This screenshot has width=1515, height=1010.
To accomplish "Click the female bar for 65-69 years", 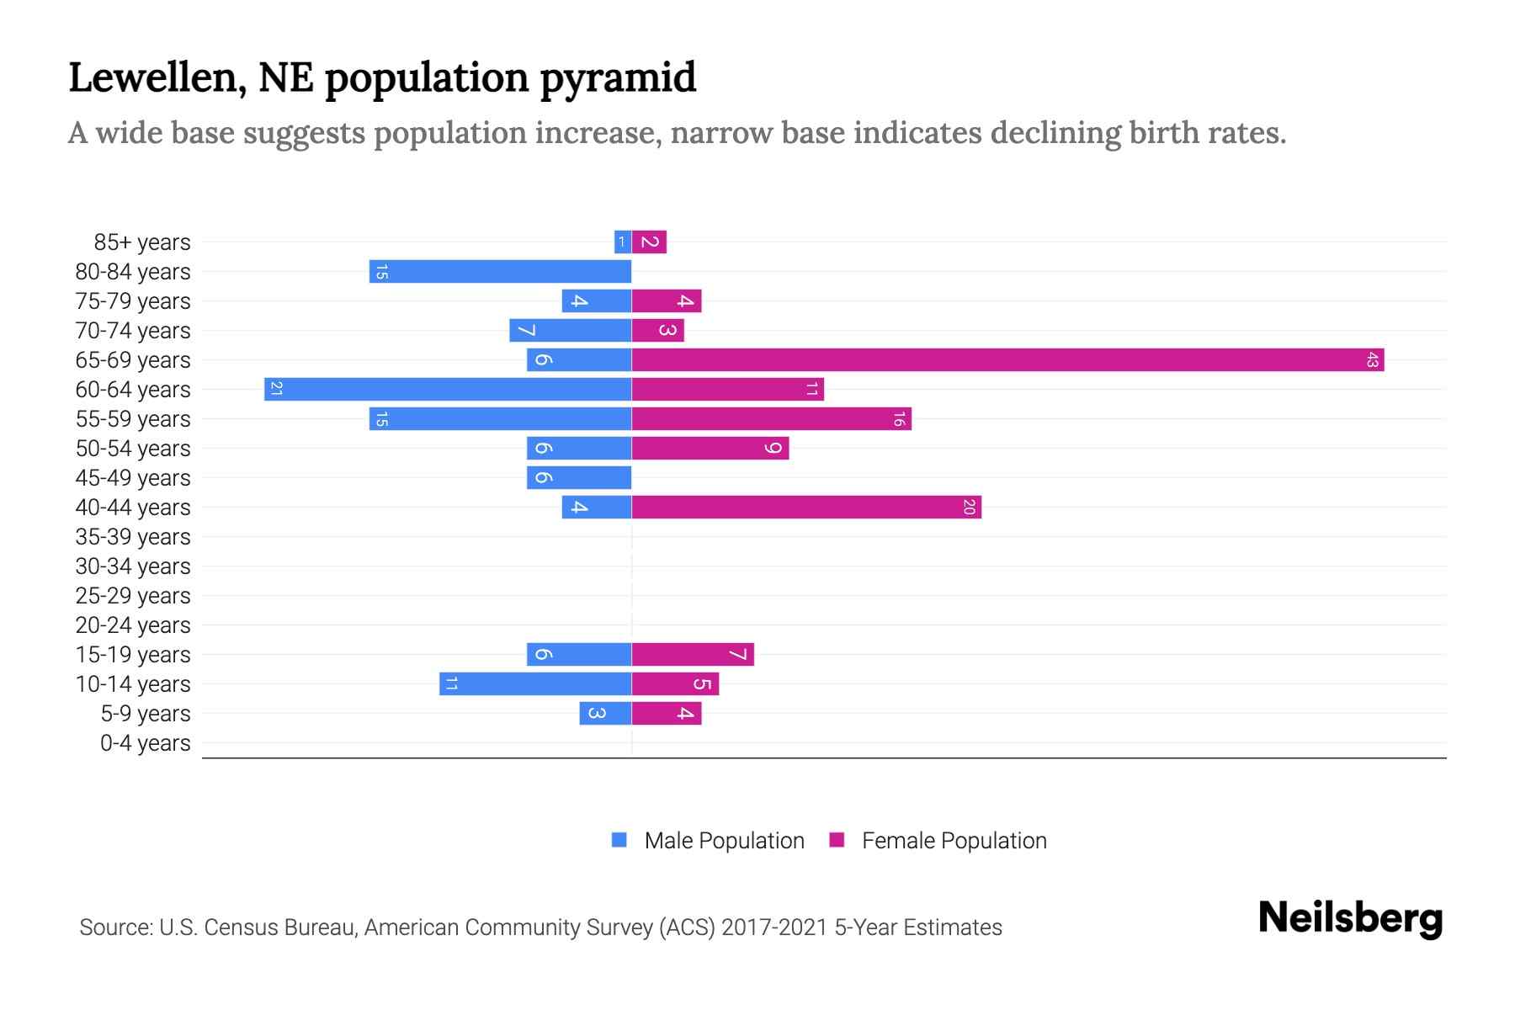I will click(x=1007, y=360).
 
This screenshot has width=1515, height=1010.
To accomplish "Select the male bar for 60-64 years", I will click(x=448, y=390).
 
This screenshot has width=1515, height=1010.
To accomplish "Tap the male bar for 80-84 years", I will click(x=500, y=272).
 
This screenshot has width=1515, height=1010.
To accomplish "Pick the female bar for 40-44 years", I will click(x=806, y=508).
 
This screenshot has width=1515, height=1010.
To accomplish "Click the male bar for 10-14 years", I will click(x=535, y=684).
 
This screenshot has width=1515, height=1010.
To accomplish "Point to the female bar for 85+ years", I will click(x=649, y=242).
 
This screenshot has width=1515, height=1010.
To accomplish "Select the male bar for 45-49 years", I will click(x=579, y=478).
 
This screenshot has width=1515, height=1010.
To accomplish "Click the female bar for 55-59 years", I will click(x=771, y=419).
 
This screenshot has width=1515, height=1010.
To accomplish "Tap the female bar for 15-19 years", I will click(x=693, y=655).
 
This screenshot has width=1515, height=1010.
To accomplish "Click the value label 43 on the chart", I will click(x=1372, y=360).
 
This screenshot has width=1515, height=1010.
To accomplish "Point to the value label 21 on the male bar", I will click(x=276, y=390).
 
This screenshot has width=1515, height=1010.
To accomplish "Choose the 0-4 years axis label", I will click(x=145, y=743).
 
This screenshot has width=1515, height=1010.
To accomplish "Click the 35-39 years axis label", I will click(x=133, y=537).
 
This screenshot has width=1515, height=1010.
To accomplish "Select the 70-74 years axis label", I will click(x=133, y=331).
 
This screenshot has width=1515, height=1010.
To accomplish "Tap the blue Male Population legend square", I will click(x=619, y=840).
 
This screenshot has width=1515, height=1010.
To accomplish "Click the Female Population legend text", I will click(x=954, y=841).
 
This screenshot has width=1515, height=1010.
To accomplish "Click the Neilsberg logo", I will click(x=1350, y=918).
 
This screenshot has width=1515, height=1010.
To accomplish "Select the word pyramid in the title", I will click(x=617, y=78).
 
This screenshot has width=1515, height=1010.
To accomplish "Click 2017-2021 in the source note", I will click(x=774, y=928).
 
